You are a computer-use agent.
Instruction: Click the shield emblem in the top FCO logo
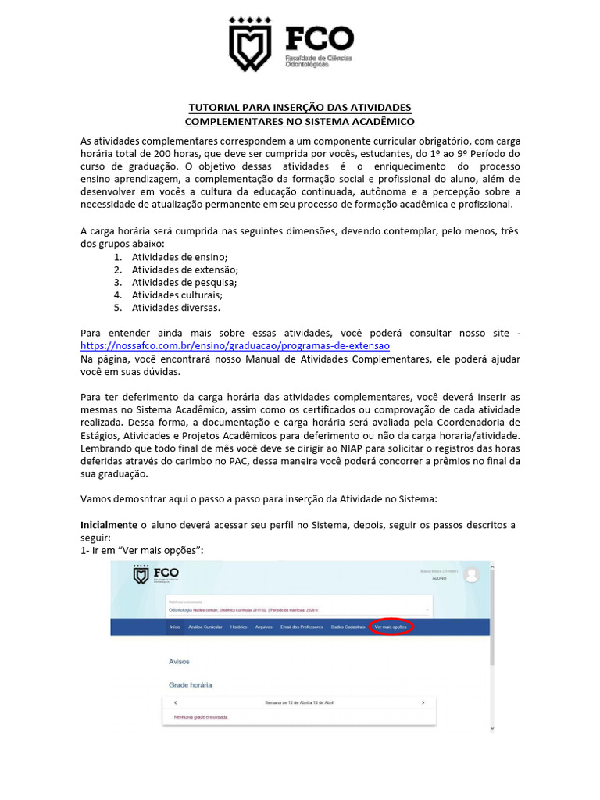[x=249, y=45]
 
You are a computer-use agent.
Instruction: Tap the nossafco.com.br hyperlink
[x=235, y=345]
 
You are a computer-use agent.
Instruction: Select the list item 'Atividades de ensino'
[x=179, y=257]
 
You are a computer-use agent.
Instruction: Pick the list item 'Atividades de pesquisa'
[x=184, y=282]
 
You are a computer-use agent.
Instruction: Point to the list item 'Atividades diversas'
[x=176, y=307]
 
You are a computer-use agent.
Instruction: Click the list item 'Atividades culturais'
[x=177, y=295]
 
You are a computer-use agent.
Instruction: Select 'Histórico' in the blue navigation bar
[x=238, y=627]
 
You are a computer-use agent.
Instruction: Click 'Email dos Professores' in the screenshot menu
[x=301, y=627]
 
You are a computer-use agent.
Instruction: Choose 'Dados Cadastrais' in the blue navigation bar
[x=348, y=627]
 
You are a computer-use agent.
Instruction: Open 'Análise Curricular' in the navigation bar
[x=205, y=627]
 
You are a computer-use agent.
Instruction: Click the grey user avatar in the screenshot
[x=471, y=575]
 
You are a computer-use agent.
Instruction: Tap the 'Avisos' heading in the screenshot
[x=180, y=661]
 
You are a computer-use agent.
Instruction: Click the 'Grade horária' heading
[x=191, y=684]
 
